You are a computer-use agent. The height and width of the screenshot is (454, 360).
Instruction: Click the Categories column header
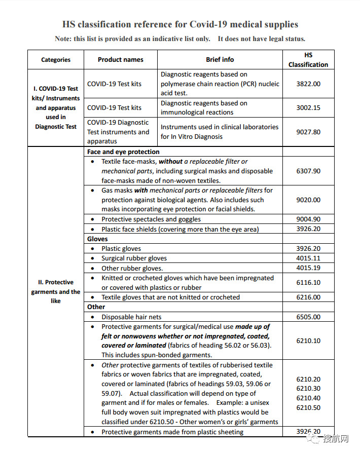click(x=56, y=60)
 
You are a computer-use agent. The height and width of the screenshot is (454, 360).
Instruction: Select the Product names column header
click(x=121, y=60)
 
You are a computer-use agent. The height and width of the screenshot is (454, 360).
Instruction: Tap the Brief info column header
click(x=220, y=60)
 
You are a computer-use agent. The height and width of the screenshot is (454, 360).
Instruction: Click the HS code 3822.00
click(x=308, y=84)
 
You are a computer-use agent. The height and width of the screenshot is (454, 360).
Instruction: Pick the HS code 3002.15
click(x=308, y=107)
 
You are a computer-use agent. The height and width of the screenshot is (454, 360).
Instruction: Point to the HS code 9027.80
click(x=308, y=132)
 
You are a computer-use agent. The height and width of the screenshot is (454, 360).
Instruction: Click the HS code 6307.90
click(x=308, y=171)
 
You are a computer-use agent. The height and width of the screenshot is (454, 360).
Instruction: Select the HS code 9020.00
click(x=308, y=200)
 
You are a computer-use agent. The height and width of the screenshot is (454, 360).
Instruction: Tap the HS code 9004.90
click(x=308, y=219)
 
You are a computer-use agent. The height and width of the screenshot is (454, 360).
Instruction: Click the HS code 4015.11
click(x=308, y=258)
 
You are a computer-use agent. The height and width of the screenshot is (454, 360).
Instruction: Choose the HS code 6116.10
click(x=308, y=283)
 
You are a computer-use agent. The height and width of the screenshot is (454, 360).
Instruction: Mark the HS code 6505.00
click(x=308, y=317)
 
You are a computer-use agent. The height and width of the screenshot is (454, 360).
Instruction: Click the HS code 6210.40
click(x=308, y=398)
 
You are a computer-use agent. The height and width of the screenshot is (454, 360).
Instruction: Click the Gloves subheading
click(x=97, y=239)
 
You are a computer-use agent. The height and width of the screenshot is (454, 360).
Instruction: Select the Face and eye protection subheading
click(x=123, y=152)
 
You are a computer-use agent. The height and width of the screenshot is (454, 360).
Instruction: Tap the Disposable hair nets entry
click(x=131, y=317)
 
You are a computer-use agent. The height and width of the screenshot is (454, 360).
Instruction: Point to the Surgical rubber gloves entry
click(x=134, y=258)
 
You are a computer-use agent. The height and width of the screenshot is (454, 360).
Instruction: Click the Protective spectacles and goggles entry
click(x=151, y=219)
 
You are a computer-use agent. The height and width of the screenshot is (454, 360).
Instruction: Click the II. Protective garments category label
click(x=56, y=291)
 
